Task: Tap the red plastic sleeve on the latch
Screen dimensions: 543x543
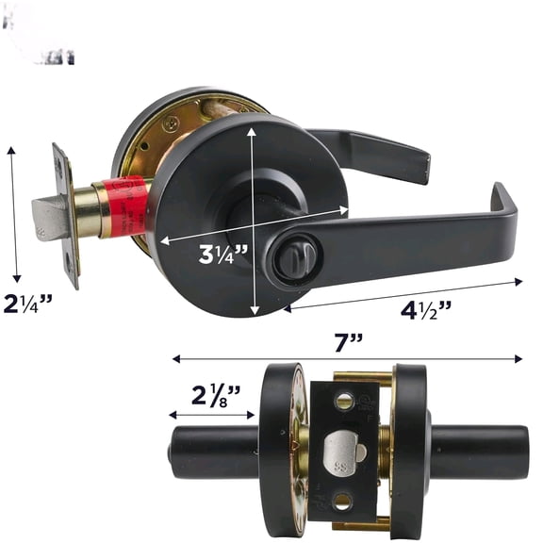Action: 128,204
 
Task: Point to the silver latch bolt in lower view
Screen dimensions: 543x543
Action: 341,457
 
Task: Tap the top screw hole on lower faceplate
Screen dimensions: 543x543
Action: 343,403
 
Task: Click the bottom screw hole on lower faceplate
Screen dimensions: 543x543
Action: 343,502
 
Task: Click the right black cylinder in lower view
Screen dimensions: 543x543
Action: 479,452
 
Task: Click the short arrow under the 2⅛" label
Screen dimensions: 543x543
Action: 211,414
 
